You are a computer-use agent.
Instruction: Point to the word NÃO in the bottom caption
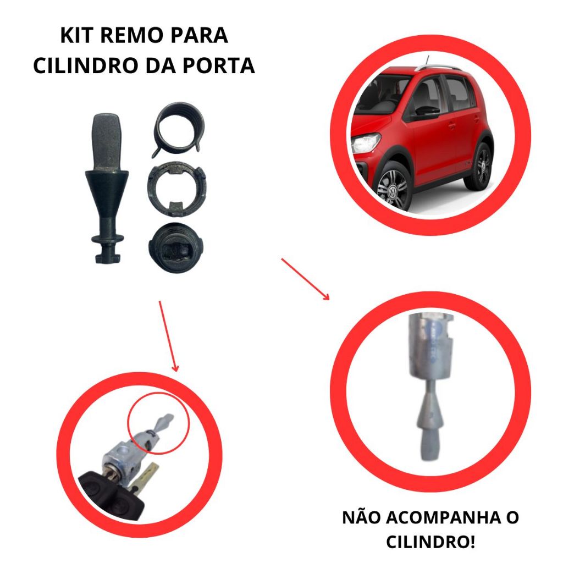coord(361,518)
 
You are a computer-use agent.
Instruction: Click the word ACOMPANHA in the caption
coord(440,518)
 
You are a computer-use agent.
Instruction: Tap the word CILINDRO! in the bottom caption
coord(430,542)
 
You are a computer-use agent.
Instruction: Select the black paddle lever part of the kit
coord(107,189)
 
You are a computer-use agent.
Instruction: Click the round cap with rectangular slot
coord(175,247)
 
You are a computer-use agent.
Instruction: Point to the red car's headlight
coord(366,142)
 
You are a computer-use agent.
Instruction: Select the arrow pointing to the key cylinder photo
coord(169,336)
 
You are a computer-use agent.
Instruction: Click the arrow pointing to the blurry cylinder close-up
coord(305,279)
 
